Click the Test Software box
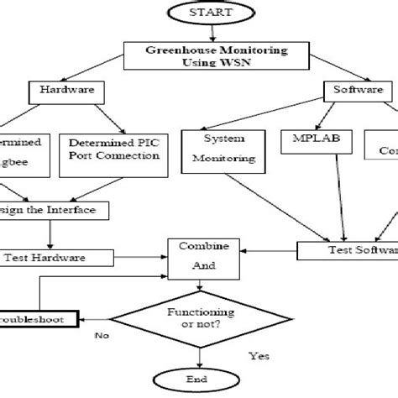348,249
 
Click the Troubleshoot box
38,319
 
